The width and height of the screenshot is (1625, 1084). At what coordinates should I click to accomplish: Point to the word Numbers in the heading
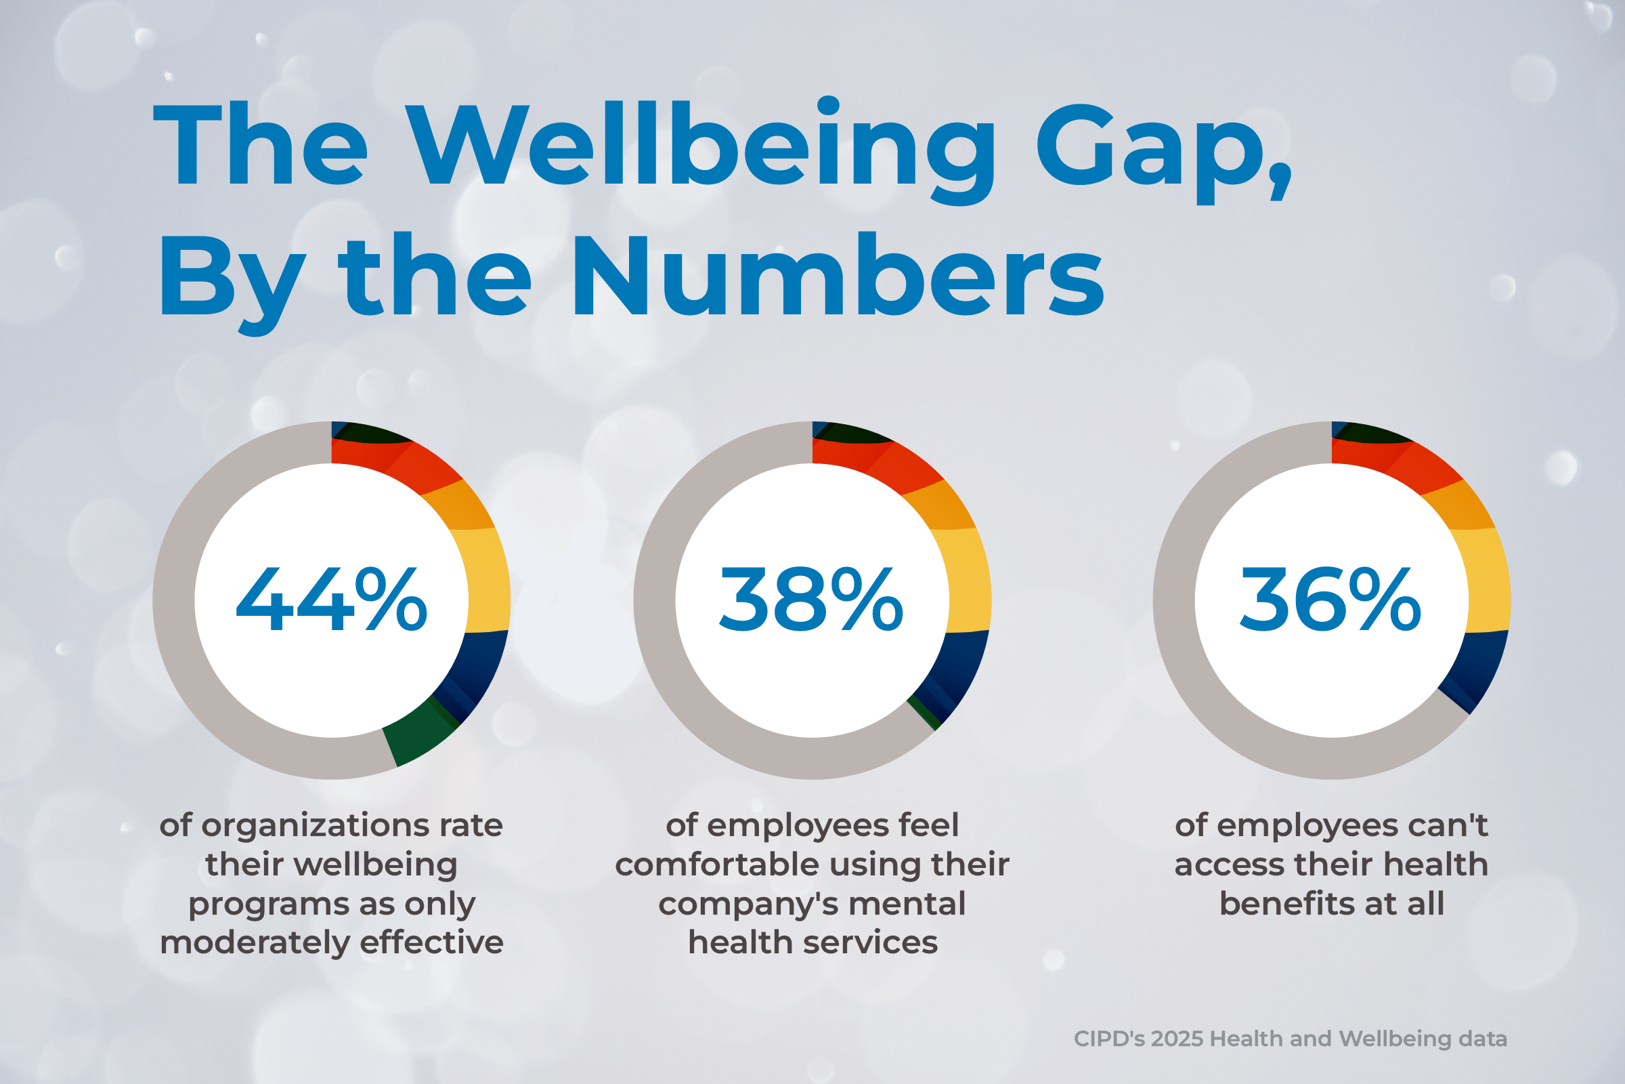tap(838, 276)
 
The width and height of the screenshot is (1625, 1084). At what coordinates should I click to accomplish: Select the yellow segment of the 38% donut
tap(969, 581)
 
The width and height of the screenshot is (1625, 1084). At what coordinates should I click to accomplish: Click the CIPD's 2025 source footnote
tap(1290, 1039)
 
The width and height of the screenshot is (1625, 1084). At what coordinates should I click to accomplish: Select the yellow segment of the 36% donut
tap(1488, 581)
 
